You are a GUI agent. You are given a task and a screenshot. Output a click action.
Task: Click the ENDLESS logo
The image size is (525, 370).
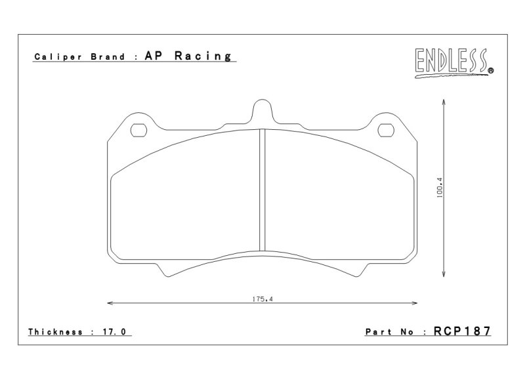click(x=453, y=63)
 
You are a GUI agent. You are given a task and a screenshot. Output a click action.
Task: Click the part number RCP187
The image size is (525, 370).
click(x=462, y=331)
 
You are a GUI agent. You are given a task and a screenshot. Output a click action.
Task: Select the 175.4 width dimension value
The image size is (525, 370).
click(x=262, y=299)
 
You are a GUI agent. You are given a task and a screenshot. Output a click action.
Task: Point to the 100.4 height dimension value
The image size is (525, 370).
click(x=440, y=188)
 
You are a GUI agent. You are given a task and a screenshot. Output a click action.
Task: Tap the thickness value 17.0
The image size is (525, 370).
click(x=114, y=332)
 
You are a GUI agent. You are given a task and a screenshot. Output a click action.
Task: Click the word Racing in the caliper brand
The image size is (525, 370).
click(x=203, y=56)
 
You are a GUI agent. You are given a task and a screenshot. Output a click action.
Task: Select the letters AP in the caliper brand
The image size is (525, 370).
click(x=154, y=56)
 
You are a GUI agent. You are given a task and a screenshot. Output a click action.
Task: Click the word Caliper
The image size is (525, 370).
click(x=58, y=56)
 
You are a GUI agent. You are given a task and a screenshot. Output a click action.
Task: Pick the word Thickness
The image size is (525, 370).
click(x=55, y=332)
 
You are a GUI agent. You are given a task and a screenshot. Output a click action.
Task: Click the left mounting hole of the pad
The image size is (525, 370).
click(x=138, y=131)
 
